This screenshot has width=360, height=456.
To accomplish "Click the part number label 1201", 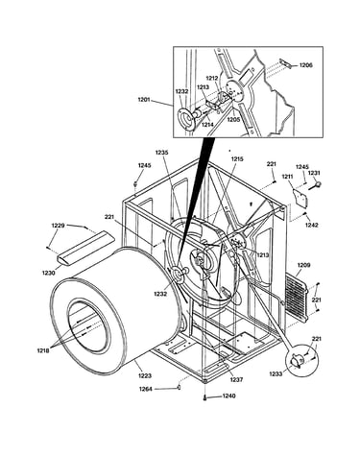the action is (x=144, y=100).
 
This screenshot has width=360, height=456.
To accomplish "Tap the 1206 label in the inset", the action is (x=306, y=65).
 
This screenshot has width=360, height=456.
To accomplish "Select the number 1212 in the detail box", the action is (x=212, y=78).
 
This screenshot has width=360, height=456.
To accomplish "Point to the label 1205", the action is (x=233, y=120).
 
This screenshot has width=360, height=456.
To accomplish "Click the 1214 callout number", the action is (x=207, y=125).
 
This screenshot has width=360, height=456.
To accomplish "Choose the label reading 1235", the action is (x=161, y=153).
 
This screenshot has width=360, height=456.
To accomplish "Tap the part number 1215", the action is (x=237, y=159).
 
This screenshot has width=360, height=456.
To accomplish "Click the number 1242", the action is (x=311, y=225).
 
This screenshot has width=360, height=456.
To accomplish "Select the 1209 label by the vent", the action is (x=303, y=265).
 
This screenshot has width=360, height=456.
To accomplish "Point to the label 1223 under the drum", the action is (x=145, y=375).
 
